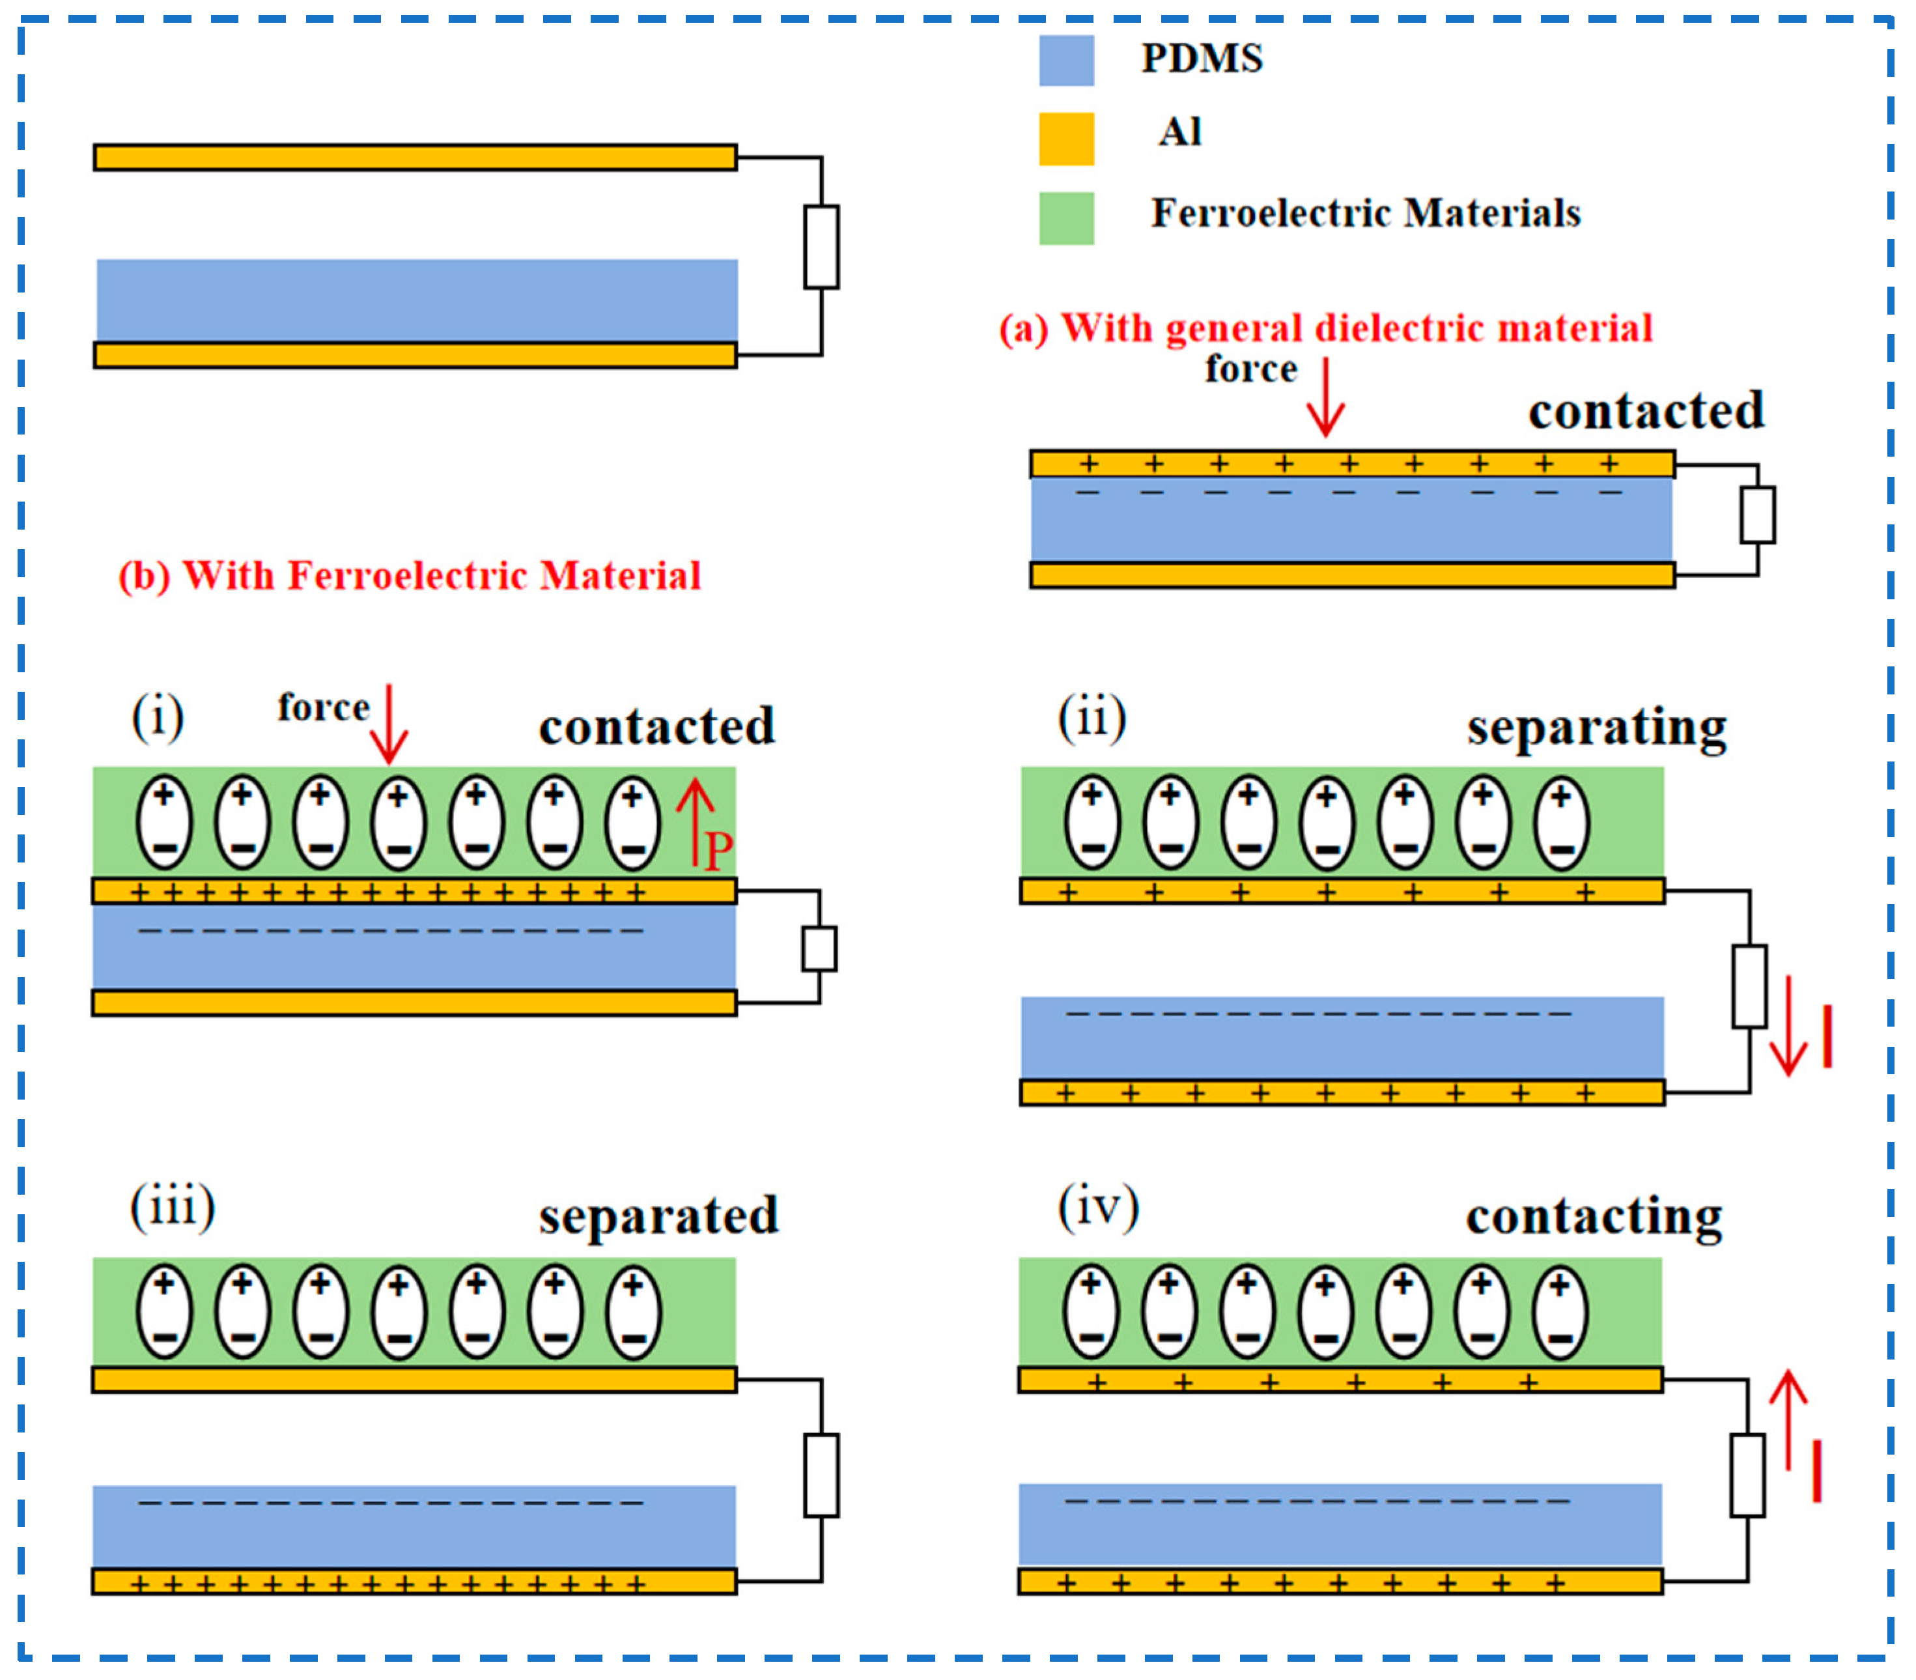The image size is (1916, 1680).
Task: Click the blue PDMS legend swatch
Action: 1067,61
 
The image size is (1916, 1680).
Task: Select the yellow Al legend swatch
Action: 1067,139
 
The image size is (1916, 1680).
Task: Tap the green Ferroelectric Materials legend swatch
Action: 1067,218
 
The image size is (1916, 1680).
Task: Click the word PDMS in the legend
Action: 1202,58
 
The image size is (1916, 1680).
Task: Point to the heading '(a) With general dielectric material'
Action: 1325,329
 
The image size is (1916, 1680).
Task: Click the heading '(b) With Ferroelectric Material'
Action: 410,576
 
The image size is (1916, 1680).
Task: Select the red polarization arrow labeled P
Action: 695,822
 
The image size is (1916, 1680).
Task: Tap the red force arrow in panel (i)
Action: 389,724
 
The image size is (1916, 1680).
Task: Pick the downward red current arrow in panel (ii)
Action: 1788,1025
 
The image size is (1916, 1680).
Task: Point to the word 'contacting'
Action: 1594,1217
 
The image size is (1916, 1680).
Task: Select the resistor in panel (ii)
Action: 1749,986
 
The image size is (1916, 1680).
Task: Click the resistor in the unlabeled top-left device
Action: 821,247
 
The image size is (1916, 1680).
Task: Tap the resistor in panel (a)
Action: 1758,515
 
